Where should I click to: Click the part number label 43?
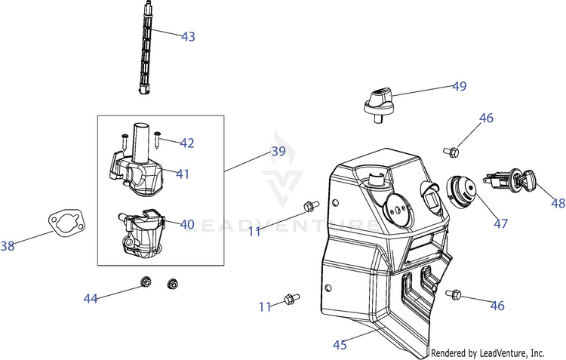coord(188,36)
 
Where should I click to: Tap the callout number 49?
coord(460,87)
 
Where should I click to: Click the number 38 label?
coord(8,245)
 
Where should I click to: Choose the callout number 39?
coord(278,152)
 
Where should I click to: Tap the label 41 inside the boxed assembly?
coord(183,174)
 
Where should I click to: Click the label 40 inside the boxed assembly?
coord(187,224)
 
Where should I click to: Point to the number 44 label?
coord(91,299)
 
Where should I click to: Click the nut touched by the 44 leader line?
coord(145,282)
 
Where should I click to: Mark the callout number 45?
coord(340,345)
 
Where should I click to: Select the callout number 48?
coord(558,203)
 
